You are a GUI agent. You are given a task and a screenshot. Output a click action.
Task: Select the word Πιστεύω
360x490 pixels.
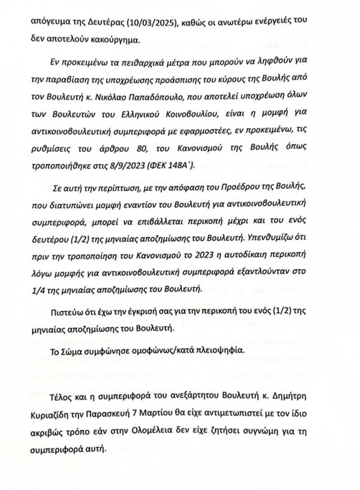(65, 311)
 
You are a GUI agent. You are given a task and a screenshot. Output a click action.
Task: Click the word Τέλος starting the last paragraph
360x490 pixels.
(61, 396)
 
